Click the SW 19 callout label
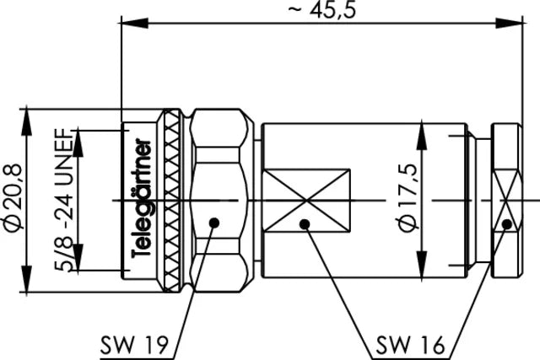(x=136, y=344)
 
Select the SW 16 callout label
(x=404, y=344)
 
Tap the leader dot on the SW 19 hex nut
(x=214, y=223)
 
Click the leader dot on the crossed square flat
(x=305, y=224)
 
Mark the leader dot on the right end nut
(x=506, y=224)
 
